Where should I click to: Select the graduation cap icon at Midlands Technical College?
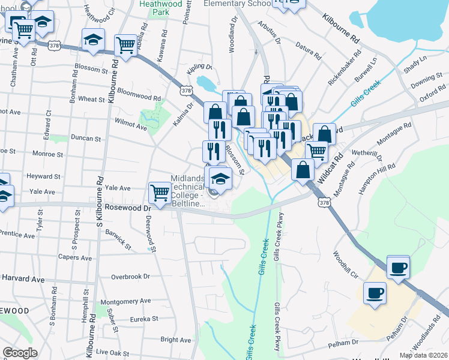pos(220,178)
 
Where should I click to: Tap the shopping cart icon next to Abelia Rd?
pos(126,44)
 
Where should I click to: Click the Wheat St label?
pos(91,99)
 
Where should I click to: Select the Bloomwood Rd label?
pos(139,95)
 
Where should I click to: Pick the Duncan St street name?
pos(86,138)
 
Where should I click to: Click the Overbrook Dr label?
pos(130,277)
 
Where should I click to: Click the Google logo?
pos(19,353)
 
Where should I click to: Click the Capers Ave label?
pos(74,257)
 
